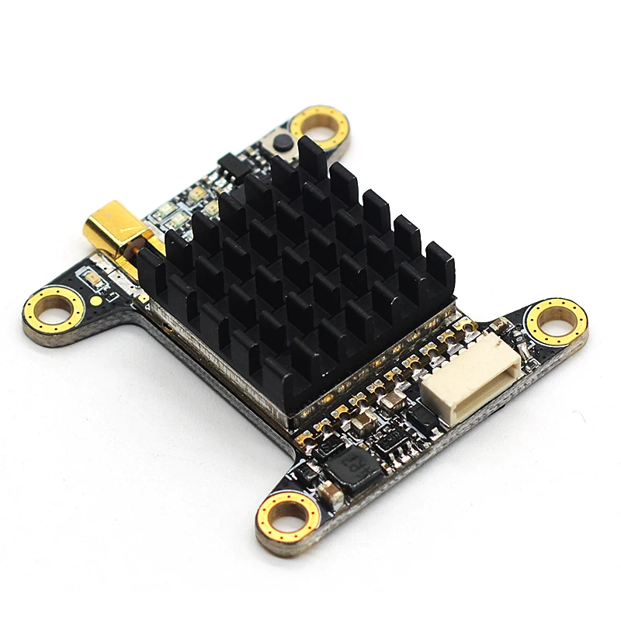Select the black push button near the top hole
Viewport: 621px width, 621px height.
282,143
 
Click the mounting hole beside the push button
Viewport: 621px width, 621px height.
321,127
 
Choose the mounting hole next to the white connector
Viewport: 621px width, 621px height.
556,320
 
